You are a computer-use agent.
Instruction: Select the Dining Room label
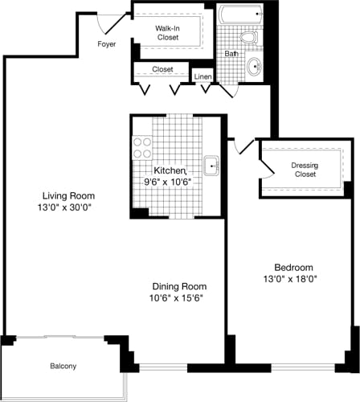pyautogui.click(x=180, y=286)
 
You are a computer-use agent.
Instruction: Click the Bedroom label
pyautogui.click(x=293, y=268)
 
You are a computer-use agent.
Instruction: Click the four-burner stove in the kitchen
pyautogui.click(x=142, y=147)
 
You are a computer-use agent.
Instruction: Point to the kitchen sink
pyautogui.click(x=212, y=166)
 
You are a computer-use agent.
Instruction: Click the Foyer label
pyautogui.click(x=106, y=44)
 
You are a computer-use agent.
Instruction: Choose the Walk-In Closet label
pyautogui.click(x=168, y=32)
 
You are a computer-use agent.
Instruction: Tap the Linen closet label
pyautogui.click(x=202, y=76)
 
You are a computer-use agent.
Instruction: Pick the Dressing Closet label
pyautogui.click(x=305, y=170)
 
